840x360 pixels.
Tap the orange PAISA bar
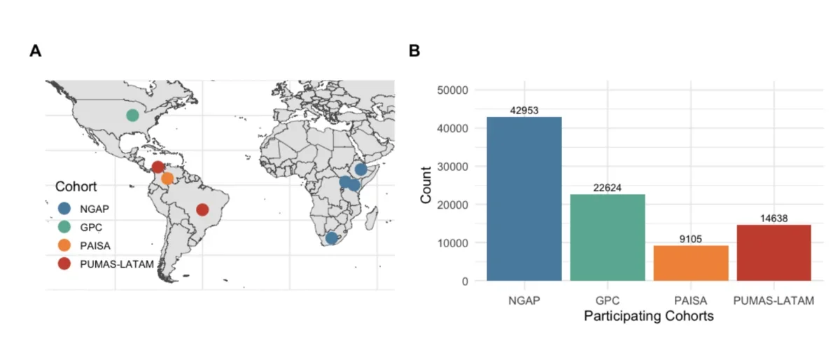(x=690, y=263)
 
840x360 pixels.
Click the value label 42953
(x=524, y=111)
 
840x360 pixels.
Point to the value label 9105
(x=690, y=239)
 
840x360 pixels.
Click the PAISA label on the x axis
(x=690, y=300)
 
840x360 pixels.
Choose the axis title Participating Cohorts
(x=648, y=317)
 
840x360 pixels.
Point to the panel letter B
(x=414, y=51)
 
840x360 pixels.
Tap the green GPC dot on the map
(x=132, y=115)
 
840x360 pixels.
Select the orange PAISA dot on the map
(x=167, y=179)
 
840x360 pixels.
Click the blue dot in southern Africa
(x=332, y=238)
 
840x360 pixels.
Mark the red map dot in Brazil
(x=202, y=209)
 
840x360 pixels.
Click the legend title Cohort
(x=76, y=187)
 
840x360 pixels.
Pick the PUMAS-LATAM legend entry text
(x=115, y=263)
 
